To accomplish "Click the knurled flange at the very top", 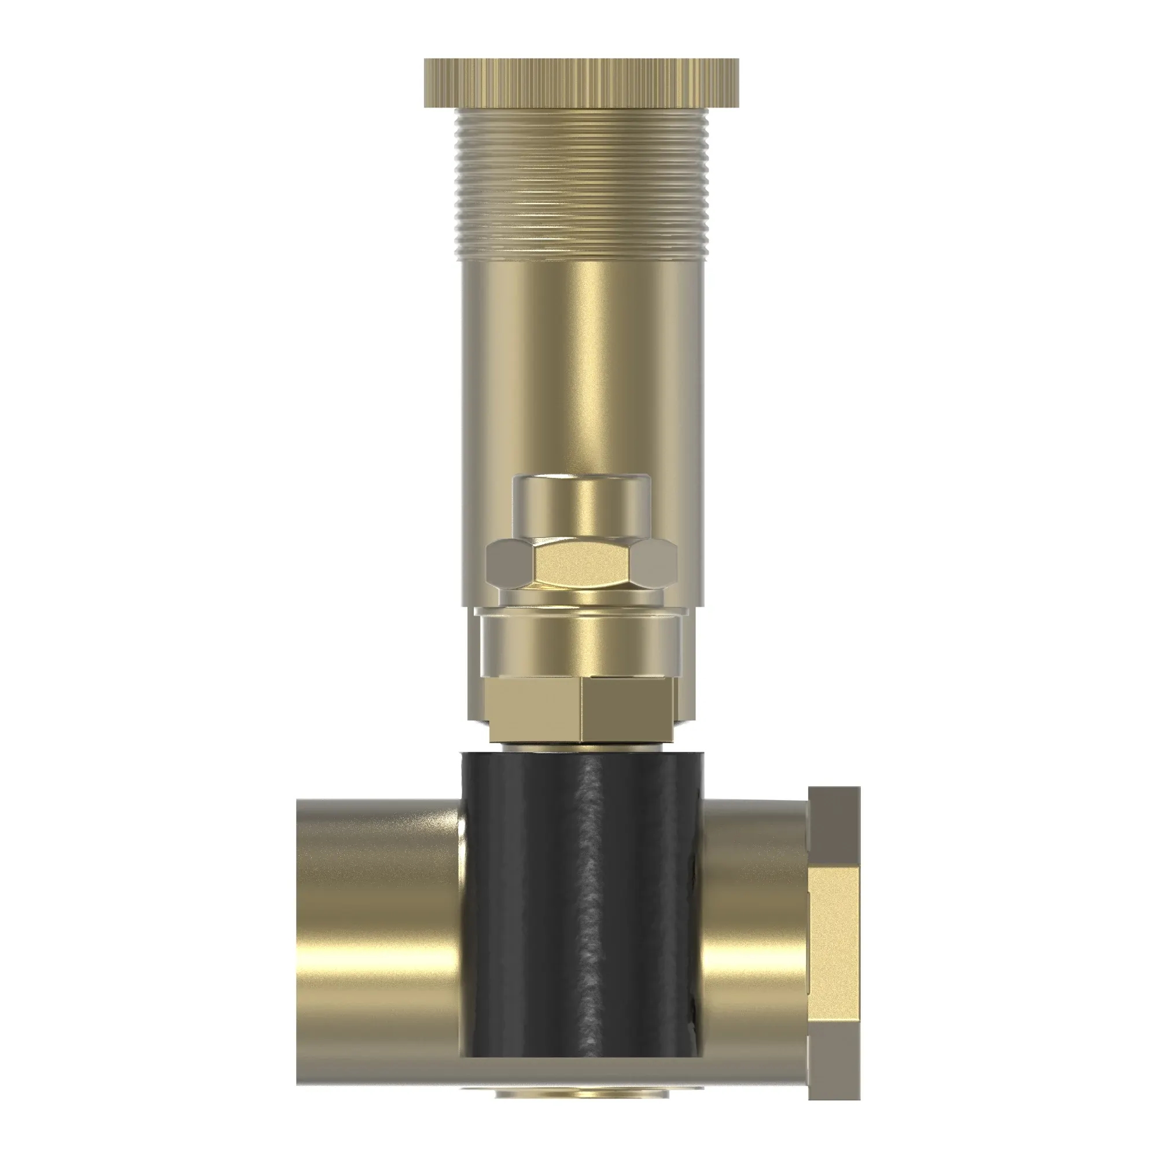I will [581, 83].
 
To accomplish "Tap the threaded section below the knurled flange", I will [581, 186].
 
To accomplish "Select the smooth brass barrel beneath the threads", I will [581, 359].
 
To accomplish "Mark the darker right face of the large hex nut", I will [629, 713].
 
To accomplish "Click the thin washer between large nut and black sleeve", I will [581, 747].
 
